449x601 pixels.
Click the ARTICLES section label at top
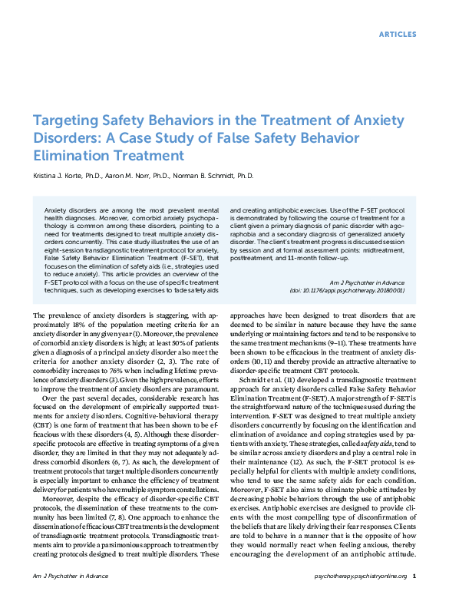coord(398,35)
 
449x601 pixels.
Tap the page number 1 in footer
coord(414,575)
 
